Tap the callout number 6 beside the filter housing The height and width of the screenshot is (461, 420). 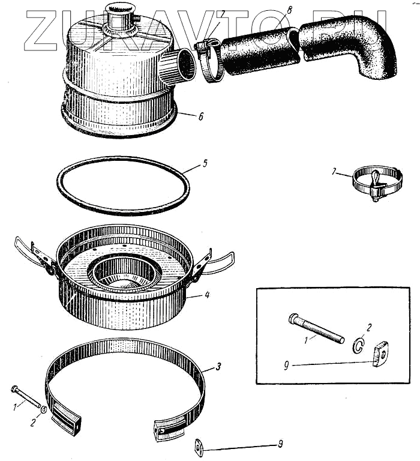coord(200,116)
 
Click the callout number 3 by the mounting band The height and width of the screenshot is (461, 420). coord(203,366)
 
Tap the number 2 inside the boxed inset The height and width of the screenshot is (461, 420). coord(369,328)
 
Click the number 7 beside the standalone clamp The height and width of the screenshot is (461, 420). coord(334,172)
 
